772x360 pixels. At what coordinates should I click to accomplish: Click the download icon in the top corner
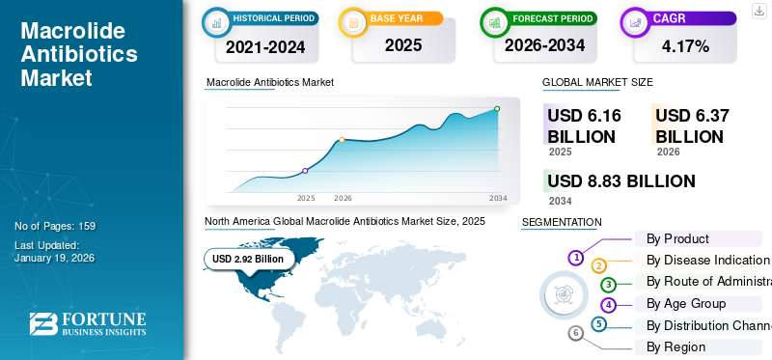[x=758, y=9]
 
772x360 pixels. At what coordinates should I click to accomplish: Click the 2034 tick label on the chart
[x=498, y=198]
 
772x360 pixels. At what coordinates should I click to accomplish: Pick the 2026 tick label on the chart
[x=343, y=198]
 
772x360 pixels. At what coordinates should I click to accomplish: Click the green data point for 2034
[x=497, y=109]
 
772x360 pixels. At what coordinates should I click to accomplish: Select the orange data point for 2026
[x=342, y=140]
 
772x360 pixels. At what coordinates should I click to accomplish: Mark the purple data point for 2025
[x=306, y=171]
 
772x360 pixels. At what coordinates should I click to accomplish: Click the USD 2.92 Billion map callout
[x=248, y=259]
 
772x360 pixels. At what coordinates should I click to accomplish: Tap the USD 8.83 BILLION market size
[x=621, y=181]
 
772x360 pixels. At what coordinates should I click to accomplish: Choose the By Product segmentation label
[x=677, y=238]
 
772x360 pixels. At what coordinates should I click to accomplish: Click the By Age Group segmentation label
[x=685, y=303]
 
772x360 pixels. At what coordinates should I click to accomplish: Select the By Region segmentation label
[x=675, y=346]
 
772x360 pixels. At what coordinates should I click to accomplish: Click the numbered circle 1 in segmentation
[x=576, y=258]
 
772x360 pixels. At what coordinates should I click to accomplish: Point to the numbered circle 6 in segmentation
[x=576, y=333]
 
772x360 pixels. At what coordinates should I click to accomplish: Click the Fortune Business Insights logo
[x=88, y=324]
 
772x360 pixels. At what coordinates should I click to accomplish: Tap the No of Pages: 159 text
[x=55, y=226]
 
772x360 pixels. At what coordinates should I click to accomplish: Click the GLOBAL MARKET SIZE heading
[x=597, y=83]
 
